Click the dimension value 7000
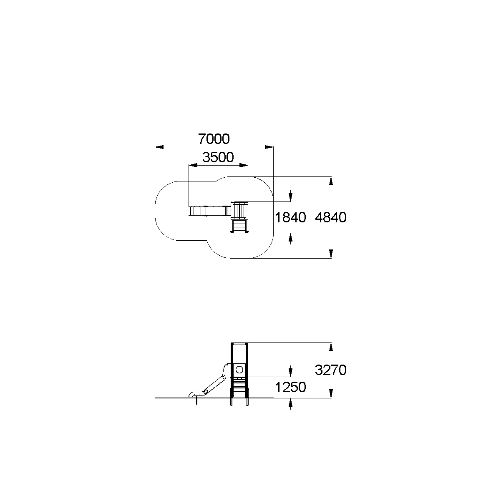click(x=214, y=139)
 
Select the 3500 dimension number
click(x=218, y=157)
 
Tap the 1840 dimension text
click(x=290, y=217)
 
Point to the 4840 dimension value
click(x=331, y=217)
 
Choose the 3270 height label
click(x=331, y=370)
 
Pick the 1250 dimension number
click(x=290, y=388)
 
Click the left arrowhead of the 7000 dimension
click(x=159, y=147)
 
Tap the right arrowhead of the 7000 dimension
click(x=269, y=147)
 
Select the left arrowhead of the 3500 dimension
click(x=193, y=165)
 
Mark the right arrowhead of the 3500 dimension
click(x=244, y=165)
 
